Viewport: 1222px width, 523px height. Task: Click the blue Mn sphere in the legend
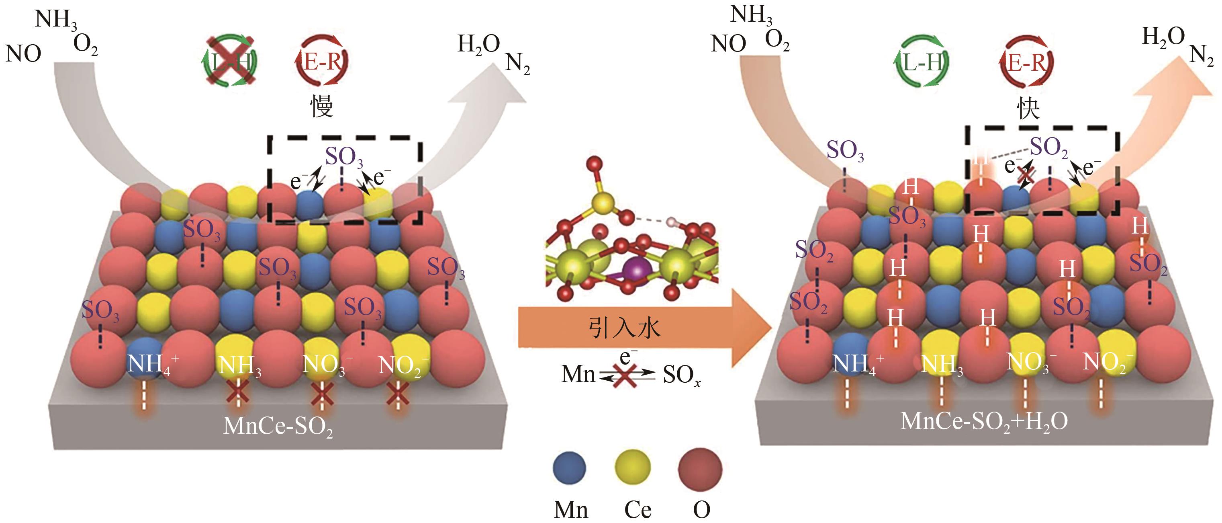click(569, 468)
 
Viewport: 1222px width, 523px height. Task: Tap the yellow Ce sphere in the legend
click(633, 467)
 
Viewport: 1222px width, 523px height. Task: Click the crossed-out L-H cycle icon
click(230, 61)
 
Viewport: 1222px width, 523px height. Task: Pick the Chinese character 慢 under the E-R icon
click(322, 105)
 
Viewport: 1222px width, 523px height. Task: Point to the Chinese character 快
click(1028, 109)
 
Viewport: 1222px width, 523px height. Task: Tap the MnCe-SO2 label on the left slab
click(278, 426)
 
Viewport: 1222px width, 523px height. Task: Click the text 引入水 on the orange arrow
click(624, 328)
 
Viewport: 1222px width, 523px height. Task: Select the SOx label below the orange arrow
click(681, 375)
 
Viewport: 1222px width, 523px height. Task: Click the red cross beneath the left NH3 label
click(238, 394)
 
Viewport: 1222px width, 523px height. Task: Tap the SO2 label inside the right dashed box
click(1049, 148)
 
